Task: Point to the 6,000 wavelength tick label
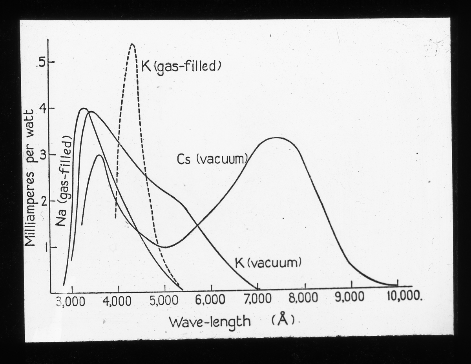[211, 301]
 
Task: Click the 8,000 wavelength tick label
[305, 298]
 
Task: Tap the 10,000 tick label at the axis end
[405, 296]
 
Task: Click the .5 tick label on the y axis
[41, 63]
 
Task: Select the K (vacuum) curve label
[268, 262]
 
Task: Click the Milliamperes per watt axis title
[31, 178]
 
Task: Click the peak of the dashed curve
[132, 44]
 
